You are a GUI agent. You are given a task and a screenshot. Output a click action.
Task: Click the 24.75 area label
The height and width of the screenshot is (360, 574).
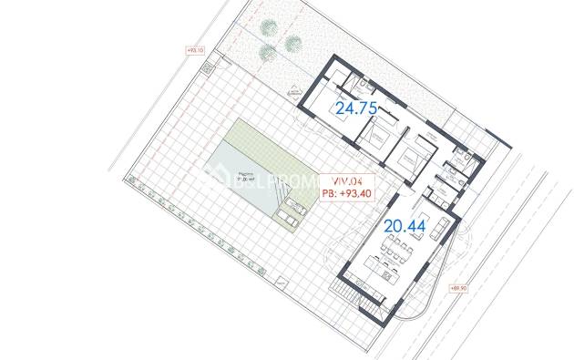coord(357,108)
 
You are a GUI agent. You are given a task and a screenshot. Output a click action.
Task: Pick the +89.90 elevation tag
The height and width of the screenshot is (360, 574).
coord(458,287)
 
